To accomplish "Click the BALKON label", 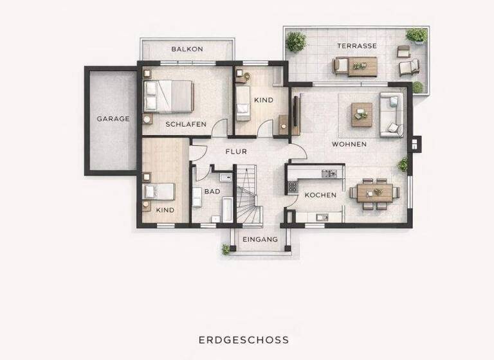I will point(187,49).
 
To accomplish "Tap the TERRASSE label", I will point(357,46).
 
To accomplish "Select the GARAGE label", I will point(113,118).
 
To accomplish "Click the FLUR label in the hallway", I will point(235,152).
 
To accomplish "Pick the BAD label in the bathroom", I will point(212,191).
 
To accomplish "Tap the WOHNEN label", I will point(349,144).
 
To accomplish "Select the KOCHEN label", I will point(320,195).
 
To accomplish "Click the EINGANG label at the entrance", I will point(260,239).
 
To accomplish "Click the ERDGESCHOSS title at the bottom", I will point(243,339).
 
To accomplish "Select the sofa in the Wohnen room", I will point(392,115).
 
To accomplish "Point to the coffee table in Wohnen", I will point(361,114).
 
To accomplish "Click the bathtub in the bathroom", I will point(227,210).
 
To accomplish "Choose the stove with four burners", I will point(292,188).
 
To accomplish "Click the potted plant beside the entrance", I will point(226,249).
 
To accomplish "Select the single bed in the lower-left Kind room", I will point(160,192).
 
